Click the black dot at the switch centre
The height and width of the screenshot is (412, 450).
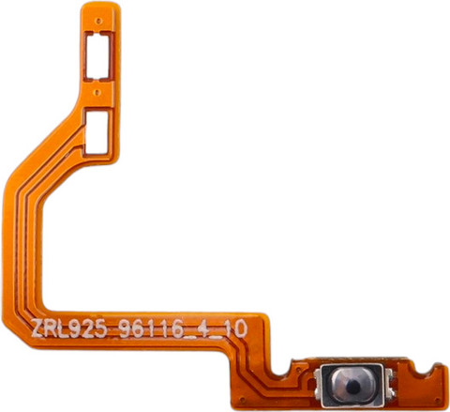(352, 387)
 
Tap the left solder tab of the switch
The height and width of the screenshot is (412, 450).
(318, 385)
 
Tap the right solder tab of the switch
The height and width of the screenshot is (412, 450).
(389, 385)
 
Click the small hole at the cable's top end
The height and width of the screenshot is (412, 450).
(99, 21)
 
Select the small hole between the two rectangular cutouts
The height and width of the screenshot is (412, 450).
(97, 92)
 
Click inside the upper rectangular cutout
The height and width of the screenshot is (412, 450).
(97, 56)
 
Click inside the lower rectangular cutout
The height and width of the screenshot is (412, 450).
(97, 133)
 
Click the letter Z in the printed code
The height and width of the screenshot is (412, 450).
(37, 328)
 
